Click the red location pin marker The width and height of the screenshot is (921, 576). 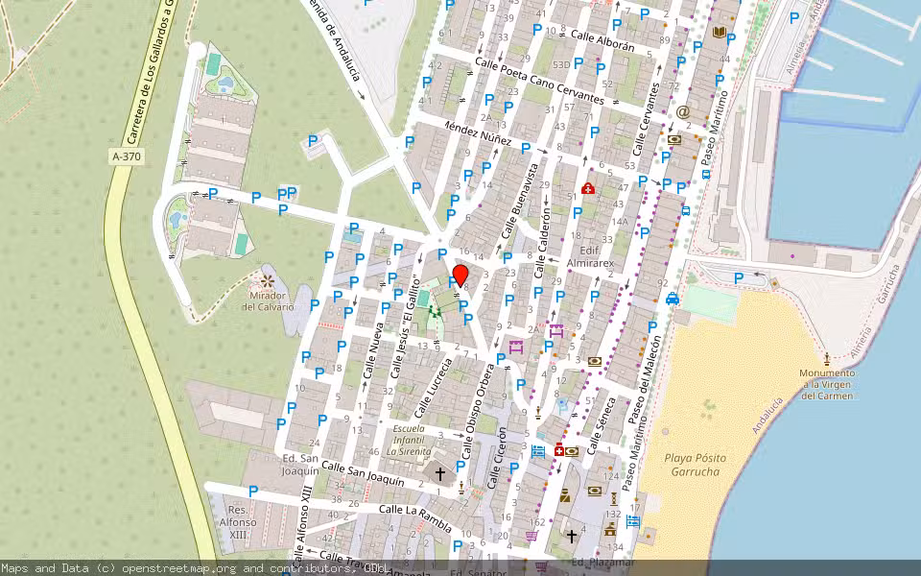coord(460,276)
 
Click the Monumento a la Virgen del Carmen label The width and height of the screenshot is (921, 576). coord(827,384)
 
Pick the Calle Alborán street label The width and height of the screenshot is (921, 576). coord(602,40)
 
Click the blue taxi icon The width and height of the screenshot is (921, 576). coord(673,299)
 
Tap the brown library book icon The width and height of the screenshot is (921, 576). coord(720,32)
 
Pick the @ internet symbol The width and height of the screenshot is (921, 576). coord(683,111)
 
